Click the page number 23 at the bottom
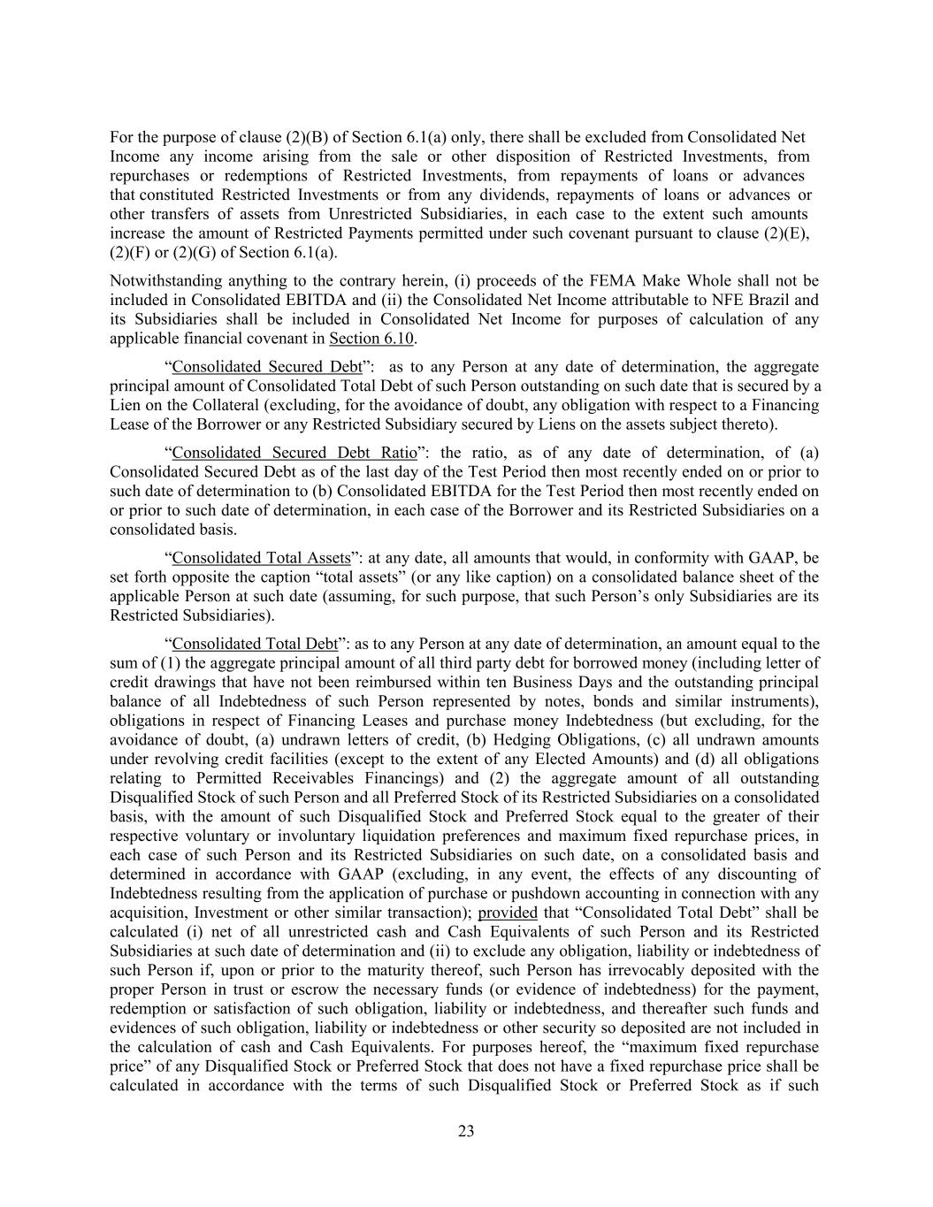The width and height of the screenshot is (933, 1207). tap(466, 1131)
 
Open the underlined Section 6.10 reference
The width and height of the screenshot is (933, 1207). tap(371, 339)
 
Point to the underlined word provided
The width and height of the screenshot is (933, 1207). tap(507, 912)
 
